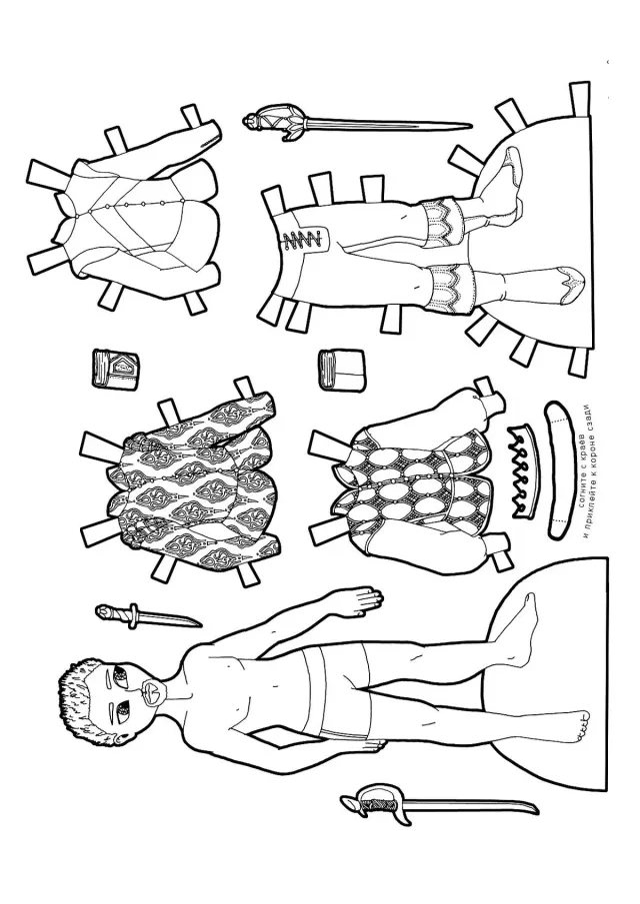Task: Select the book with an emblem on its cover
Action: coord(115,368)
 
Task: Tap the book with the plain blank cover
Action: coord(342,368)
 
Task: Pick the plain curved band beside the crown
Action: coord(559,470)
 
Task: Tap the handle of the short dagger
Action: coord(117,614)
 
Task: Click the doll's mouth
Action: coord(153,692)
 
